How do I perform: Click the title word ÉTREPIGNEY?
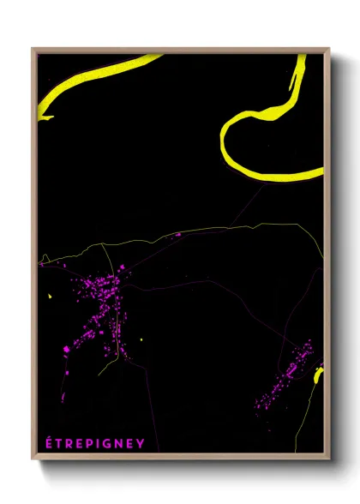click(x=94, y=443)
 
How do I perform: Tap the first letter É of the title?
click(x=48, y=443)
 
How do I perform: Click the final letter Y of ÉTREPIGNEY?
click(x=141, y=443)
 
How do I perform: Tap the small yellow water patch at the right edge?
click(x=318, y=375)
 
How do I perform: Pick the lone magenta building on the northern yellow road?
click(x=177, y=234)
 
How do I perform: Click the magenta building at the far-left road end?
click(x=41, y=265)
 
